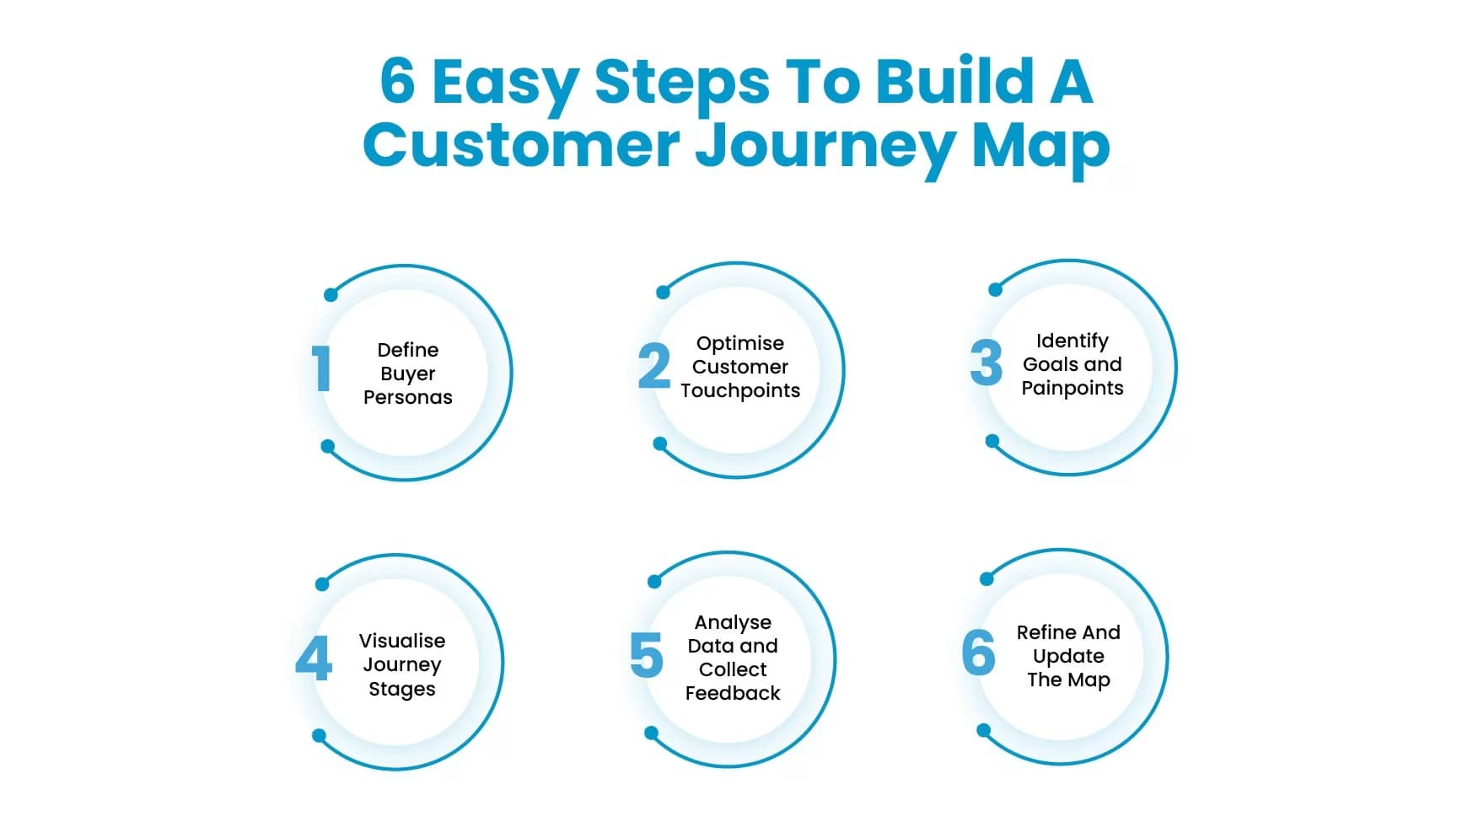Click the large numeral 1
pyautogui.click(x=320, y=368)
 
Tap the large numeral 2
pyautogui.click(x=654, y=366)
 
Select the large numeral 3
pyautogui.click(x=986, y=363)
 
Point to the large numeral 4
pyautogui.click(x=314, y=658)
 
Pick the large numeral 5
pyautogui.click(x=647, y=655)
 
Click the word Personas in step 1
pyautogui.click(x=407, y=397)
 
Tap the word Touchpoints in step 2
pyautogui.click(x=740, y=390)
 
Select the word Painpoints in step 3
pyautogui.click(x=1072, y=388)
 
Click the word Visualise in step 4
pyautogui.click(x=401, y=641)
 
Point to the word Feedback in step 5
pyautogui.click(x=732, y=693)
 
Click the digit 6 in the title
pyautogui.click(x=398, y=82)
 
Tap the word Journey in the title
pyautogui.click(x=825, y=147)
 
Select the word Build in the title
pyautogui.click(x=954, y=82)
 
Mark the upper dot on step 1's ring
pyautogui.click(x=331, y=295)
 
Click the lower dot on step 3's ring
pyautogui.click(x=992, y=441)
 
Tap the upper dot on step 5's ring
pyautogui.click(x=654, y=582)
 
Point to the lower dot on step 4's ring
pyautogui.click(x=319, y=736)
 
